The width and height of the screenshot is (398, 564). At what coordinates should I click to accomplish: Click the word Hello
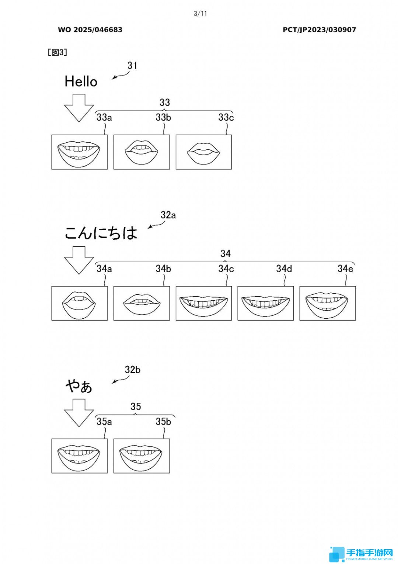[81, 82]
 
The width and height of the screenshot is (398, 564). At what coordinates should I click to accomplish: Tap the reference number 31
[132, 66]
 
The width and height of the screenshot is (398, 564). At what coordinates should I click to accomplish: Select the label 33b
[163, 117]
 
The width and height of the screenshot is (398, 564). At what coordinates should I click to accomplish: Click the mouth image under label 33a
[80, 152]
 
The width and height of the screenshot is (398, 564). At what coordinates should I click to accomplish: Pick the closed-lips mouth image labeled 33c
[204, 152]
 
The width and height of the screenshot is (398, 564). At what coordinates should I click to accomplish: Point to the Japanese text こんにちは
[101, 233]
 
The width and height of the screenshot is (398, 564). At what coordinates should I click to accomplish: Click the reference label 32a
[168, 215]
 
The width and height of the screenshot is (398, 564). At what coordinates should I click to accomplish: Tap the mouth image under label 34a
[80, 303]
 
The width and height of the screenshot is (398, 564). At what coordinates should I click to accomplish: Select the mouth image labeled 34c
[204, 303]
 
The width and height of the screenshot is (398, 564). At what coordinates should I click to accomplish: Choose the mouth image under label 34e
[328, 303]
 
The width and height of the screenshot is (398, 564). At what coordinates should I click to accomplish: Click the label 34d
[284, 269]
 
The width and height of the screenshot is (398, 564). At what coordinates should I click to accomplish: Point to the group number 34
[226, 254]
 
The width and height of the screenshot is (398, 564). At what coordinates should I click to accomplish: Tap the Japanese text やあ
[79, 387]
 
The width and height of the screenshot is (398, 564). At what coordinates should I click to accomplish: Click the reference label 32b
[133, 370]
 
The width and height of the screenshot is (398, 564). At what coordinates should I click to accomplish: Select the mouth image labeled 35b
[142, 456]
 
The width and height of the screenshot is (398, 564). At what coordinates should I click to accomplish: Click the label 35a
[104, 421]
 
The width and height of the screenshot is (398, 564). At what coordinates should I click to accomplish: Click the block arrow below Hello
[79, 107]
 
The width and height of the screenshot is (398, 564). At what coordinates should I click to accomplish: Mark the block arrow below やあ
[79, 412]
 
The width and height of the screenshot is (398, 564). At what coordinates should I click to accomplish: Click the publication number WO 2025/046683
[90, 30]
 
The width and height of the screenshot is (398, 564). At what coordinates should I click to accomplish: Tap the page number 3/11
[200, 14]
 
